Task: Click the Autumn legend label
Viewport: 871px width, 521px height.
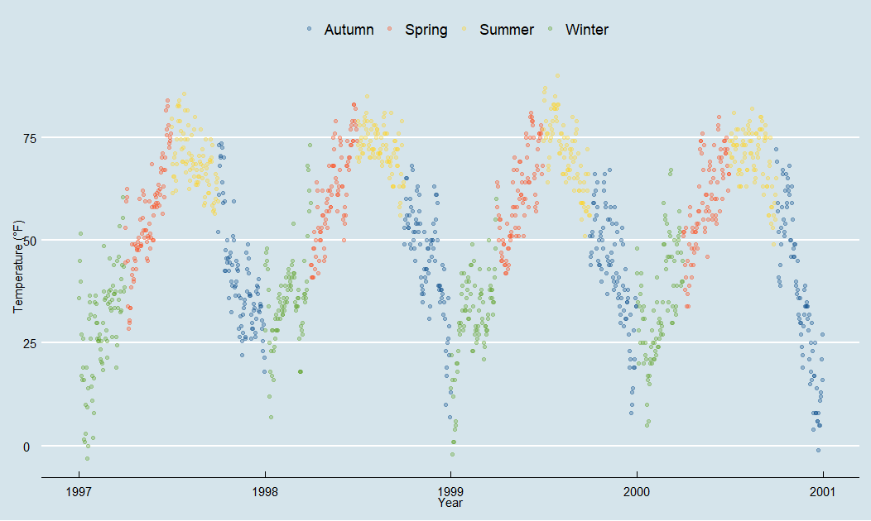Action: click(349, 30)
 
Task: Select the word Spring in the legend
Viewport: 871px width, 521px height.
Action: click(426, 30)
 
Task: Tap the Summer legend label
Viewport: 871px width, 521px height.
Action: click(507, 30)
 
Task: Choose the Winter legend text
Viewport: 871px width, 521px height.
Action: click(587, 30)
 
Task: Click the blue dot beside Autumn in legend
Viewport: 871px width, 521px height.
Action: click(309, 30)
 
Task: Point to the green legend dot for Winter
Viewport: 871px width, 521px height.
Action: click(551, 30)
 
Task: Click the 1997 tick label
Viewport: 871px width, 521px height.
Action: click(79, 491)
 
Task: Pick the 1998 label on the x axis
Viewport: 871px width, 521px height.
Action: click(265, 491)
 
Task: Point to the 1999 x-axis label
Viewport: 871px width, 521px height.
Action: click(450, 491)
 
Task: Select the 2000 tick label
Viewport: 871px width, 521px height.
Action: click(637, 491)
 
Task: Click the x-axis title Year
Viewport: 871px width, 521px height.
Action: click(450, 503)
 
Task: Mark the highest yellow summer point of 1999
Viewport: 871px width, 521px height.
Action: click(557, 75)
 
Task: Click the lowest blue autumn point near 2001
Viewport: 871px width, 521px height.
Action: click(818, 450)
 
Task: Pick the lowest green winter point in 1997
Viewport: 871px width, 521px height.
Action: click(87, 458)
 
